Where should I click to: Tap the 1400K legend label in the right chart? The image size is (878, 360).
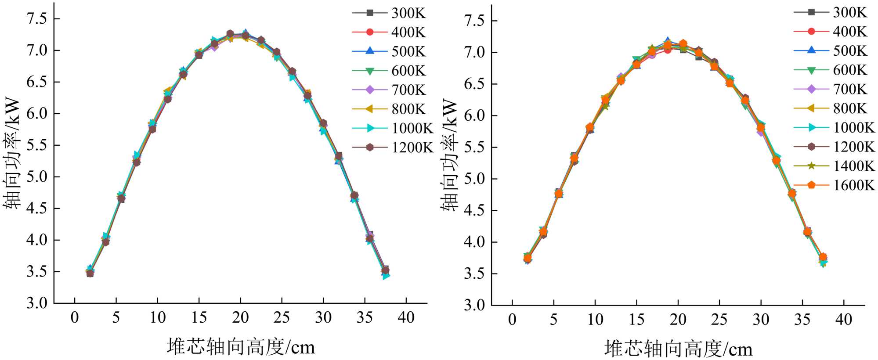[854, 166]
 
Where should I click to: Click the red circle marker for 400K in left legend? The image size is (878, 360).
[370, 32]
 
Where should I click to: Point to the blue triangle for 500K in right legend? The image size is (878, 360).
[811, 50]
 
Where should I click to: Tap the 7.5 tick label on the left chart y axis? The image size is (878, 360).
[37, 19]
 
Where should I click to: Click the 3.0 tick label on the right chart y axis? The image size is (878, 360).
[474, 305]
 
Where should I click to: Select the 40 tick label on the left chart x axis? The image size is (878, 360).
[406, 317]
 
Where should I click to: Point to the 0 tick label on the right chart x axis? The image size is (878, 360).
[512, 319]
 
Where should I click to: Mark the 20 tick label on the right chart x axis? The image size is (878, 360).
[678, 319]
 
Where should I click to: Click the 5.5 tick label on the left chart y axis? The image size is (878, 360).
[37, 145]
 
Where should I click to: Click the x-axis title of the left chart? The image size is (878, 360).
[241, 347]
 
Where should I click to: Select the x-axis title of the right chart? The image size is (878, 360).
[678, 349]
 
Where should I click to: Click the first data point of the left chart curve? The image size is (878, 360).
[90, 273]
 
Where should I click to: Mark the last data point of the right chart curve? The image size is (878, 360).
[823, 258]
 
